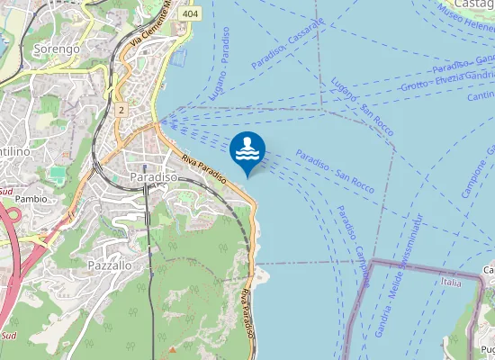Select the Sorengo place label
pyautogui.click(x=56, y=48)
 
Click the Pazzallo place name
pyautogui.click(x=111, y=265)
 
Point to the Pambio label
pyautogui.click(x=31, y=198)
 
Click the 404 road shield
pyautogui.click(x=189, y=14)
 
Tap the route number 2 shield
pyautogui.click(x=121, y=110)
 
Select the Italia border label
pyautogui.click(x=452, y=282)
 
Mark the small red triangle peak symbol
pyautogui.click(x=172, y=349)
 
